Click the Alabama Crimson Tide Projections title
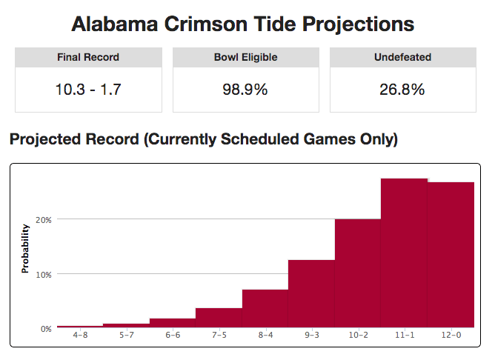[243, 24]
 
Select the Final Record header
[88, 57]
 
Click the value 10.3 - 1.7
[88, 90]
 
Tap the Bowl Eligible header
[245, 57]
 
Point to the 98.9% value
[245, 90]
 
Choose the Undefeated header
[402, 57]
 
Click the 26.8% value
[402, 90]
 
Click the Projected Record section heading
[203, 139]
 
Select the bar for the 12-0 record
[451, 255]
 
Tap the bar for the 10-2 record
[357, 273]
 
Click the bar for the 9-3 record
[311, 294]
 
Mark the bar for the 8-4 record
[265, 309]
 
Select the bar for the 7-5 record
[219, 319]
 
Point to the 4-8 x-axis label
[79, 336]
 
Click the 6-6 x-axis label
[172, 336]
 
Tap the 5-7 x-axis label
[126, 336]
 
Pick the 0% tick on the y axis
[45, 328]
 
